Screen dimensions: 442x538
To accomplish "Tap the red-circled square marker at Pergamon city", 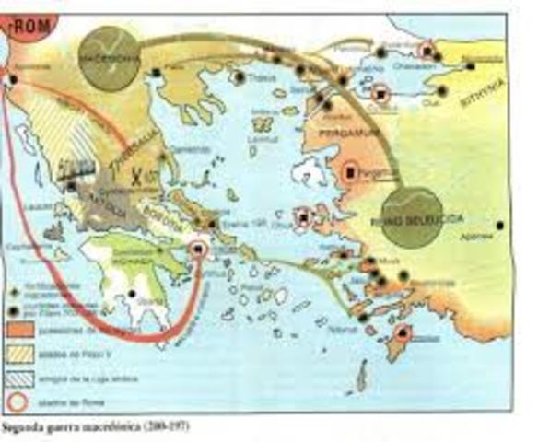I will tap(351, 171).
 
